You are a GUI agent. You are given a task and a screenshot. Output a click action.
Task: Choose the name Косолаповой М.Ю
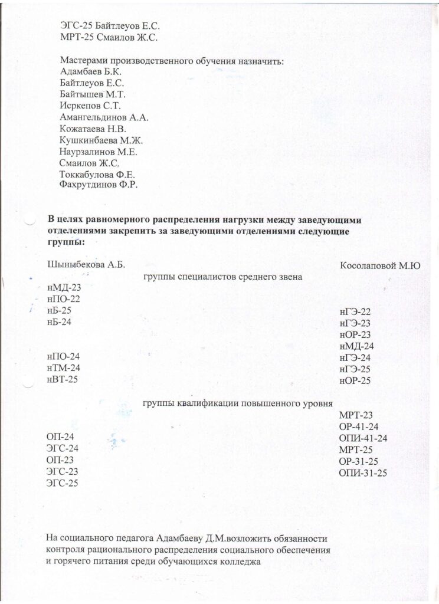click(x=380, y=267)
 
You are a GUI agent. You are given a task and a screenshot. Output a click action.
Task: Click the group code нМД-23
click(x=63, y=288)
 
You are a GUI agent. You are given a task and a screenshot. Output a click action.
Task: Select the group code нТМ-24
click(x=63, y=367)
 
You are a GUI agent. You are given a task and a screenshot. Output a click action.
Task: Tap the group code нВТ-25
click(x=62, y=379)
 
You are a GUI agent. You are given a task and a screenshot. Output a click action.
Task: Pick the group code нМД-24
click(x=357, y=346)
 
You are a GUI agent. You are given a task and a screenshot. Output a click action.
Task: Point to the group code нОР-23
click(x=355, y=334)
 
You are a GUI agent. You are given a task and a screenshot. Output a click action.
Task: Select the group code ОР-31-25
click(x=359, y=461)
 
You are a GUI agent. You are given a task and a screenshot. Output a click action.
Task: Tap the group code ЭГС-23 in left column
click(x=62, y=471)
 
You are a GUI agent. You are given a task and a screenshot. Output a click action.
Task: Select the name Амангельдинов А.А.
click(x=104, y=117)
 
